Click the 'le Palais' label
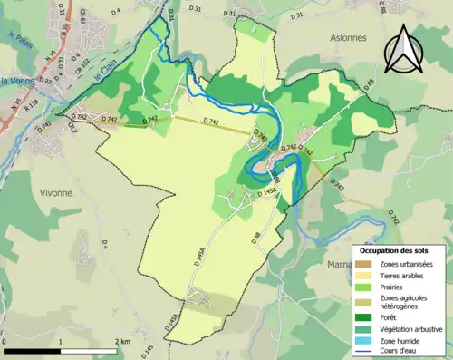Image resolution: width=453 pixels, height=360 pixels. [x=18, y=54]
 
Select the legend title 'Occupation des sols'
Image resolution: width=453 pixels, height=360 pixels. [x=395, y=249]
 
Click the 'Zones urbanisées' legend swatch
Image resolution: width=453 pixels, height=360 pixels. [x=366, y=264]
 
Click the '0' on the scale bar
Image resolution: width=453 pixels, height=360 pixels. [x=6, y=342]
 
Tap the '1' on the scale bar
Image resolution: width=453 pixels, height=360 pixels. [x=61, y=342]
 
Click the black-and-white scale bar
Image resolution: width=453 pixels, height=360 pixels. [x=61, y=351]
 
